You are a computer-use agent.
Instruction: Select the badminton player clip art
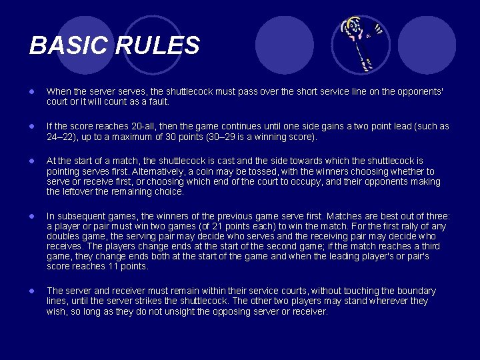pos(361,44)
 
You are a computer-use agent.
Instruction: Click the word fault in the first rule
pos(158,102)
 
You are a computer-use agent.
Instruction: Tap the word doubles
pos(64,236)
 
